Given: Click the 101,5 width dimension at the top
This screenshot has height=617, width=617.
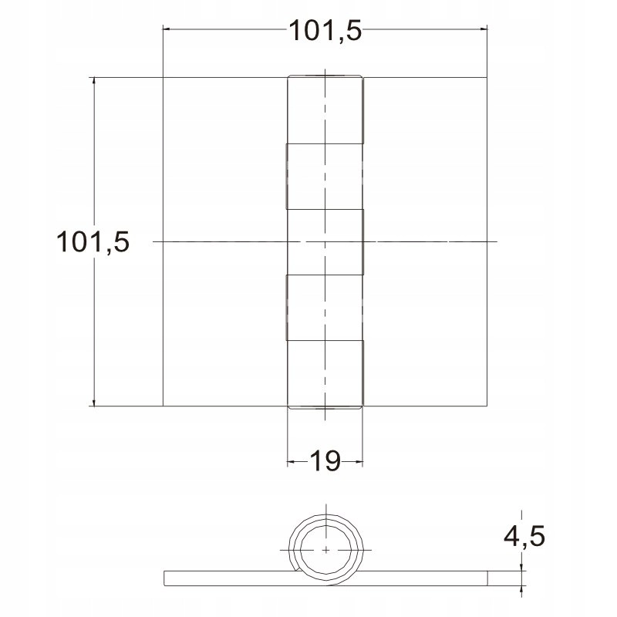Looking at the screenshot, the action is coord(325,30).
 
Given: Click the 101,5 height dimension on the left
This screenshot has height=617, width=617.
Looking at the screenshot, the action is coord(93,241).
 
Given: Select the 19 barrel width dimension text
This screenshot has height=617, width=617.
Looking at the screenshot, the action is coord(325,460).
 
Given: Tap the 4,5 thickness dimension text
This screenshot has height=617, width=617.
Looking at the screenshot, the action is coord(524,535).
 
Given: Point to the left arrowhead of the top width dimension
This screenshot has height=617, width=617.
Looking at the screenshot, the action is coord(167,29).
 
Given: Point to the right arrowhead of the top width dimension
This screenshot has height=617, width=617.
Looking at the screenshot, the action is coord(484,29).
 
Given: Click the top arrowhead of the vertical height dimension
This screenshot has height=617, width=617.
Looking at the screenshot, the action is coord(93,82).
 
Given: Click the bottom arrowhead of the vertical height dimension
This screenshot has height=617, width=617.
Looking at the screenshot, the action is coord(93,401).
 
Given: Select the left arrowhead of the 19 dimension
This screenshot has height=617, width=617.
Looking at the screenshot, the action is coord(292,461).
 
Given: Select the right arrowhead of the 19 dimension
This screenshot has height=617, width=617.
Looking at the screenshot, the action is coord(359,461).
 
